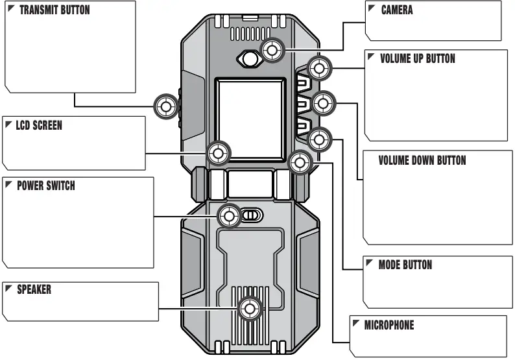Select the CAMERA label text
coord(396,10)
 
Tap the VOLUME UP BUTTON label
coord(417,58)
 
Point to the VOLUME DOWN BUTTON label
coord(422,160)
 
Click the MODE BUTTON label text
coord(405,265)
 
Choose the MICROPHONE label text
coord(389,325)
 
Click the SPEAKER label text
coord(34,289)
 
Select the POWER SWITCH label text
coord(45,186)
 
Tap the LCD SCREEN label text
coord(39,125)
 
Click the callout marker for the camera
coord(272,50)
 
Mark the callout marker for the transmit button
coord(165,106)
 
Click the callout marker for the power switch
coord(228,216)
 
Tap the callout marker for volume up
coord(318,68)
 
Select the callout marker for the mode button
coord(318,138)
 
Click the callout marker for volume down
coord(322,103)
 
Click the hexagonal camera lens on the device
coord(249,58)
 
